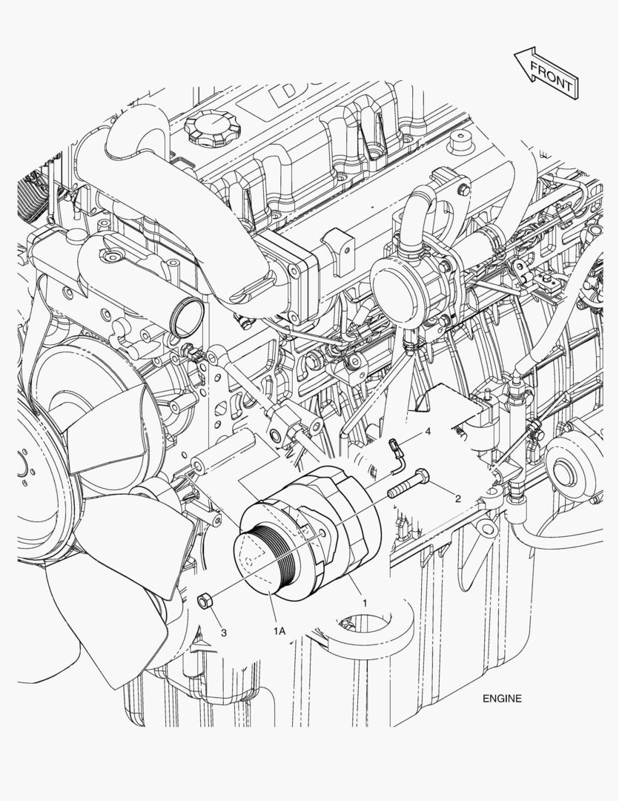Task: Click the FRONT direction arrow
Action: click(x=545, y=72)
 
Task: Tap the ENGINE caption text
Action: click(x=502, y=698)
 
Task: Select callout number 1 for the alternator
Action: click(x=364, y=603)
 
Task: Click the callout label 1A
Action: click(x=279, y=631)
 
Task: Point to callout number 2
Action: click(x=458, y=498)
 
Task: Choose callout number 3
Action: click(x=223, y=632)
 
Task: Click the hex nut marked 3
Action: click(x=205, y=600)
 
